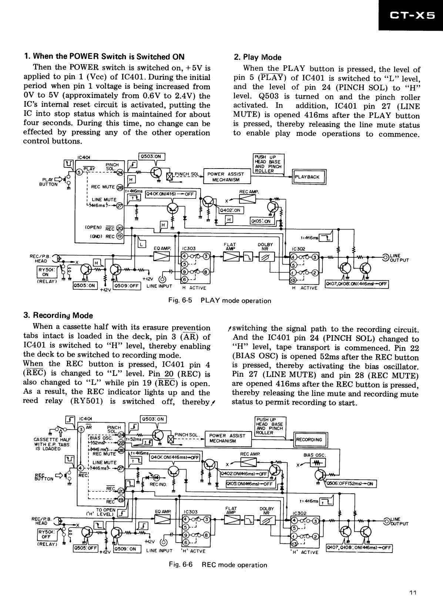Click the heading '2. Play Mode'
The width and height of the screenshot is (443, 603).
257,57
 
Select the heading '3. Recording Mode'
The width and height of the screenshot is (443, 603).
58,316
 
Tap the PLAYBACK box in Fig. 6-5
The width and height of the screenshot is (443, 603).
309,177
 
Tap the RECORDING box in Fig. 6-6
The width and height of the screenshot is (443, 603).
310,440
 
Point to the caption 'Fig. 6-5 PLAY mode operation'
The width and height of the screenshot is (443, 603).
219,301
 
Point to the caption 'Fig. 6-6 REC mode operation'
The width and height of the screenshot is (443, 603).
218,565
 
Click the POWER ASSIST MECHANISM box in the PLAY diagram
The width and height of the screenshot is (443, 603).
226,177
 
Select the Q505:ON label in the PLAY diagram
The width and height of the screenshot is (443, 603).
85,286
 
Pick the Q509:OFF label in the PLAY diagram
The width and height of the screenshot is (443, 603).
127,286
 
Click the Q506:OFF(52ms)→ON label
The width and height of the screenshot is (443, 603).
350,484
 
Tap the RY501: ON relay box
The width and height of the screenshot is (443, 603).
45,273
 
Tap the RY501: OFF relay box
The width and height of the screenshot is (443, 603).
46,534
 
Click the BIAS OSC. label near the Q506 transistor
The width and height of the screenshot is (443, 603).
315,455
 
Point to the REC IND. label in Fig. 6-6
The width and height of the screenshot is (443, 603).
158,484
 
